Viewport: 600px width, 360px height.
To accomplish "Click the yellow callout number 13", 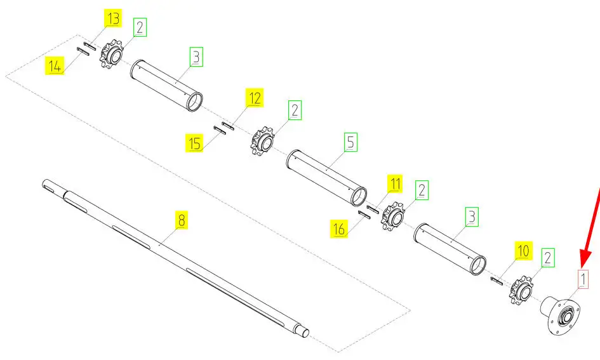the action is point(113,19).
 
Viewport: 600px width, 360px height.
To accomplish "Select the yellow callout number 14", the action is point(55,66).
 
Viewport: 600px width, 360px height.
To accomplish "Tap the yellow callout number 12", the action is point(255,98).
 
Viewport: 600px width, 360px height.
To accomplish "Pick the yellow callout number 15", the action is point(194,143).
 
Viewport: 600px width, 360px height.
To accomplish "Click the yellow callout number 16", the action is point(339,229).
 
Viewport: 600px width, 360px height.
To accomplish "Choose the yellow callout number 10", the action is point(523,251).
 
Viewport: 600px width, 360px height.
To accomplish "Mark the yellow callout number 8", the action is point(182,220).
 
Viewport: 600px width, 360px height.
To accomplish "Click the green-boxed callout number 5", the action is point(350,142).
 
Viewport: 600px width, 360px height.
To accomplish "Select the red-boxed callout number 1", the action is point(582,279).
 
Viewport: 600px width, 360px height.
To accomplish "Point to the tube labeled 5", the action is point(326,178).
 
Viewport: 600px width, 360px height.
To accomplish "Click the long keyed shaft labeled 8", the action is point(175,258).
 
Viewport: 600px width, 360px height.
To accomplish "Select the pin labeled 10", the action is point(496,281).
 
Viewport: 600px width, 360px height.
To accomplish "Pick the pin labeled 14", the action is point(83,51).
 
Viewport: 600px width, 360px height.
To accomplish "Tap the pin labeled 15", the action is point(220,130).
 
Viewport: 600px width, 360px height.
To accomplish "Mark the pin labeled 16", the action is point(364,215).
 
